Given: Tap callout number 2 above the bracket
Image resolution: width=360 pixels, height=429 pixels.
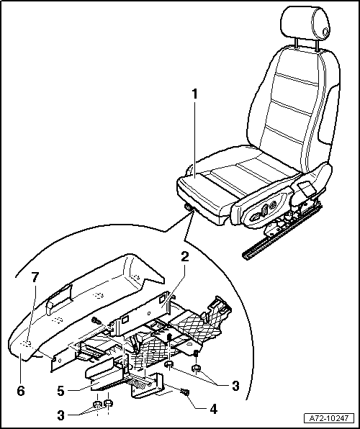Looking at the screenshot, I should [186, 257].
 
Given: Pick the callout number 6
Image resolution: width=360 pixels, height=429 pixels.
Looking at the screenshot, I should [21, 391].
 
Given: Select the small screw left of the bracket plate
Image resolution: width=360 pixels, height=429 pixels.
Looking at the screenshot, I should [95, 321].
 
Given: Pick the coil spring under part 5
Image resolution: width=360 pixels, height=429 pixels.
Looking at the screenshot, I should [140, 389].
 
